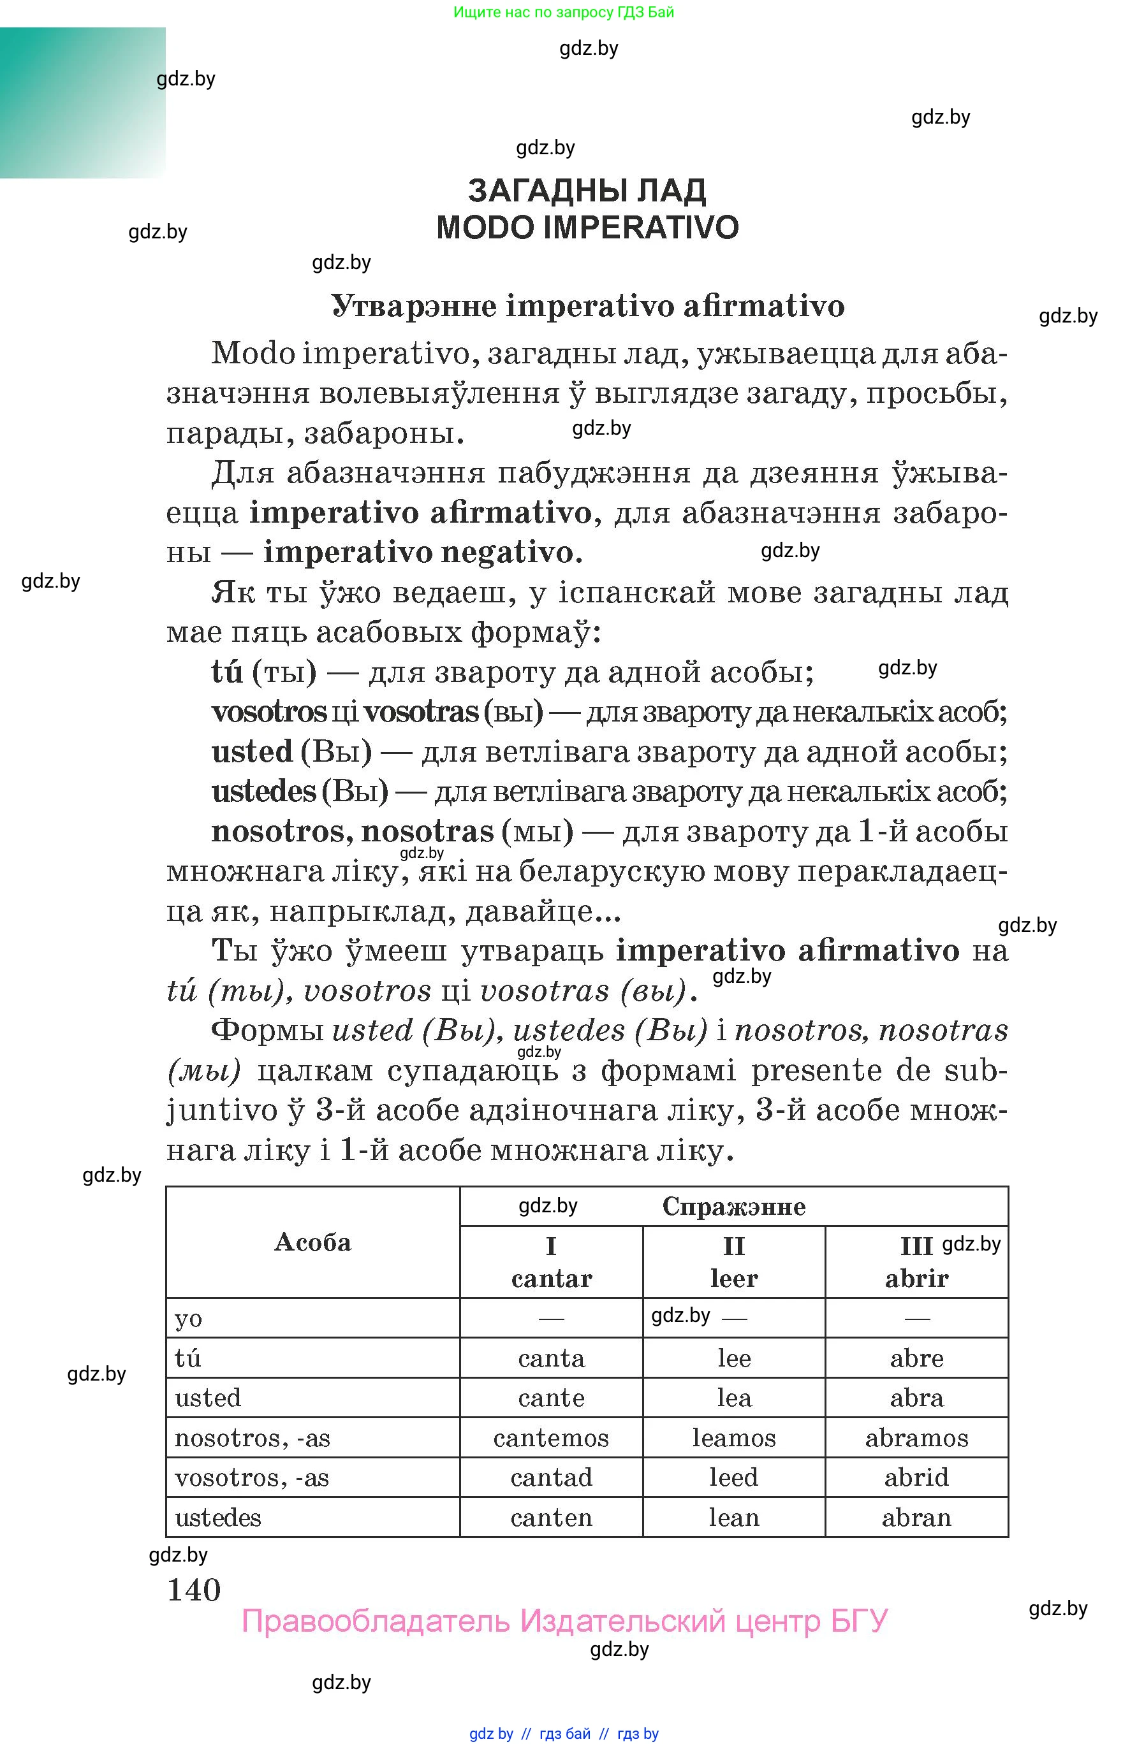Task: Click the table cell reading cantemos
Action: pos(550,1438)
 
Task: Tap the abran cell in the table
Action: pos(916,1517)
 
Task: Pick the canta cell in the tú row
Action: pos(550,1358)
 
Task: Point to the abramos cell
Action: pos(916,1438)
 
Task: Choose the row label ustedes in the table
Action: pos(218,1517)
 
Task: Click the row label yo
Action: pos(189,1319)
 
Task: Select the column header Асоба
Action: pos(312,1242)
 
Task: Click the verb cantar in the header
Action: pos(551,1279)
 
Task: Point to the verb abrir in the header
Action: pos(916,1279)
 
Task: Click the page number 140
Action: pos(194,1590)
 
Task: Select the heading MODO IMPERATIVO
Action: pos(587,228)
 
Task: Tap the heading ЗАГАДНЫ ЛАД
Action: pos(587,191)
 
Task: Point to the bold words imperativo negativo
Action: pos(423,552)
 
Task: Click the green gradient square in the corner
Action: pos(82,103)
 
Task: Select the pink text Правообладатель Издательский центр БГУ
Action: pos(564,1621)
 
